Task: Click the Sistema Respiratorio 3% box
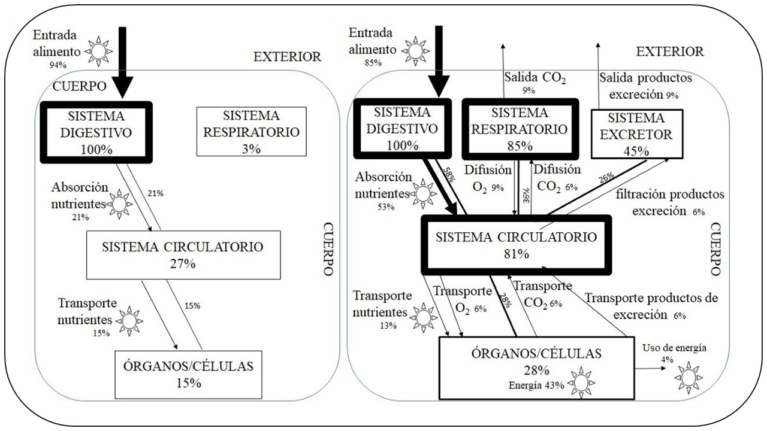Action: [x=251, y=132]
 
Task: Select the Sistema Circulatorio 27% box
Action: [x=183, y=254]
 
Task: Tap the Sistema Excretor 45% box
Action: [x=636, y=133]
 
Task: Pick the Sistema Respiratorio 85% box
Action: [x=519, y=129]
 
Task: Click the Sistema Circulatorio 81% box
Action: [x=516, y=244]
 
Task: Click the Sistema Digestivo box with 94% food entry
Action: [x=96, y=132]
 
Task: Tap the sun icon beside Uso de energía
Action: [x=688, y=377]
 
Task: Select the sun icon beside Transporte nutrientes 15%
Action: [x=130, y=321]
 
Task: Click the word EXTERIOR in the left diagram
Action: [x=287, y=57]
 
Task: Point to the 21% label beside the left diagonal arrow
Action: [x=155, y=193]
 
